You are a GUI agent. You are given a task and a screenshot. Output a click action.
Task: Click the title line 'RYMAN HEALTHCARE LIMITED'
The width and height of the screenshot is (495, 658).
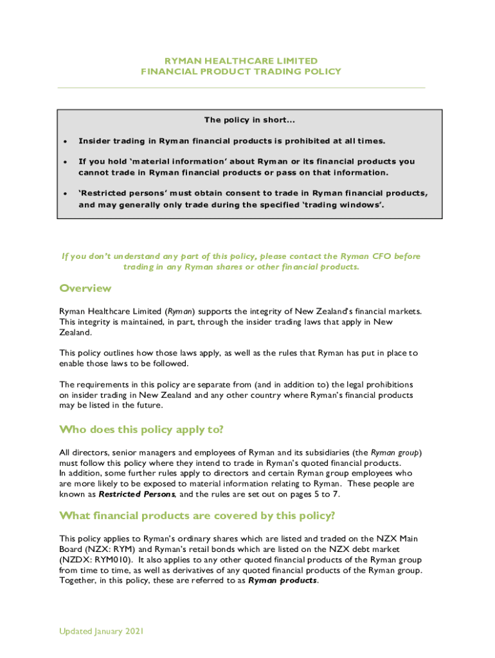click(x=241, y=61)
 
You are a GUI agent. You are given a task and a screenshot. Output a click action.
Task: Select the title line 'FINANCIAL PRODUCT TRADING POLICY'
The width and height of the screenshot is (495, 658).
click(x=241, y=72)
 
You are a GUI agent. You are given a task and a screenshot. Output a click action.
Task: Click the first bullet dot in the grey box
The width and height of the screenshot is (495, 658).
click(x=64, y=141)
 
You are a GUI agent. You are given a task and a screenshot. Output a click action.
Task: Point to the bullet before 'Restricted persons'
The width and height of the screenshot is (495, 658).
click(x=64, y=193)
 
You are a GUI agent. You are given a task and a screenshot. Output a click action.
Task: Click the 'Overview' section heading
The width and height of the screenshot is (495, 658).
click(x=85, y=288)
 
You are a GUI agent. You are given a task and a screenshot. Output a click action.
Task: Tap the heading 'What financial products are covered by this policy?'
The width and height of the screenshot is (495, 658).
click(x=197, y=515)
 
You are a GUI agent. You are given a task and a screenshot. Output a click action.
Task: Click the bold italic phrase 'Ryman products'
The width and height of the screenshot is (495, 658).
click(x=282, y=580)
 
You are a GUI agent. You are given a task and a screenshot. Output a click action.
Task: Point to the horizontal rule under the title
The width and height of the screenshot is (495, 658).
click(x=241, y=87)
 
